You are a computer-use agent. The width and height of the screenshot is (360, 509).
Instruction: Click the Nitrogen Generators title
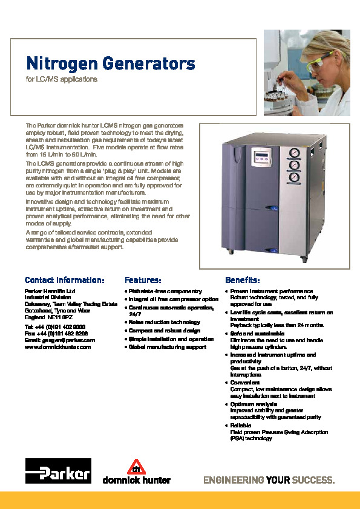coord(110,63)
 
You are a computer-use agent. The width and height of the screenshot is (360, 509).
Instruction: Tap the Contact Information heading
coord(65,280)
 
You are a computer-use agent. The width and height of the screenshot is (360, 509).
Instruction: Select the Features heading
coord(143,280)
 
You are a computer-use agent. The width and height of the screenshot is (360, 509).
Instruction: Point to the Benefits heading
coord(243,280)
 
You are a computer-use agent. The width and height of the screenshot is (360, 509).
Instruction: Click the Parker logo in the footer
coord(58,470)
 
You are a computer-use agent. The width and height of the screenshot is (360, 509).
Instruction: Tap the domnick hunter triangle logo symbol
coord(136,466)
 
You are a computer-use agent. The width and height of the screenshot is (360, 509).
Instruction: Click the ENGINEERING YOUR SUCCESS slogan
coord(269,481)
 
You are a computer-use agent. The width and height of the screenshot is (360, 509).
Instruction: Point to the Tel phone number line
coord(54,326)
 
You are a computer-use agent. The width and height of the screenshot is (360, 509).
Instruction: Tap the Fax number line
coord(56,333)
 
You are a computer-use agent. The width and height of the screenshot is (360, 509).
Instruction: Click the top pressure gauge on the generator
coord(294,153)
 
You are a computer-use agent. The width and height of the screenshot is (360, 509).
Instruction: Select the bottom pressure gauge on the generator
coord(294,177)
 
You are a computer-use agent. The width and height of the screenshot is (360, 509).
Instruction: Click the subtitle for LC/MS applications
coord(62,79)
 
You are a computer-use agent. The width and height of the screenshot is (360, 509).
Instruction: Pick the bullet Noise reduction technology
coord(163,322)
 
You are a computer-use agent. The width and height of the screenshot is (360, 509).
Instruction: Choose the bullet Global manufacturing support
coord(167,347)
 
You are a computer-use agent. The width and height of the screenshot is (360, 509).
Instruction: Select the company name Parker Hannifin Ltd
coord(50,291)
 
